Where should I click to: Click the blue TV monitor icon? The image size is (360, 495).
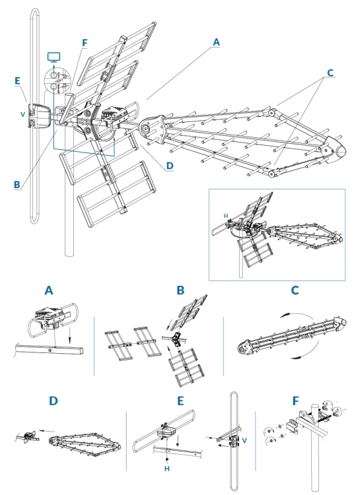point(54,57)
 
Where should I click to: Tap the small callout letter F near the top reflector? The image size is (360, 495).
point(85,43)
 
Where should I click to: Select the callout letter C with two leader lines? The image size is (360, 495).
point(330,73)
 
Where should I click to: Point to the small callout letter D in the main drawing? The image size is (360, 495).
point(170,166)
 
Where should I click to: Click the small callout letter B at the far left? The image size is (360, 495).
point(17,185)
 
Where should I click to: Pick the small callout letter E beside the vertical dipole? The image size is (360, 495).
point(17,81)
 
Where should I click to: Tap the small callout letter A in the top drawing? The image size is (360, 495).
point(216,42)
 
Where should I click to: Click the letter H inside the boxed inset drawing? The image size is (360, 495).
point(226,216)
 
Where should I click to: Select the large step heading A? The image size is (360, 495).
point(49,290)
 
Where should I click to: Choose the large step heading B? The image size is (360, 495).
point(180,290)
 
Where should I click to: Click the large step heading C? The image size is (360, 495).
point(295,290)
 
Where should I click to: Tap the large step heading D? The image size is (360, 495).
point(54,401)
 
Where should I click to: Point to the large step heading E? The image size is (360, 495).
point(180,401)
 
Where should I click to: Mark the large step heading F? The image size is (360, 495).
point(295,401)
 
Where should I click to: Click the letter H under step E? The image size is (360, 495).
point(167,469)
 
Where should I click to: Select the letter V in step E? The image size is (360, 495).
point(244,440)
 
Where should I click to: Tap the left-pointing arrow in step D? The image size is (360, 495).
point(47,431)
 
